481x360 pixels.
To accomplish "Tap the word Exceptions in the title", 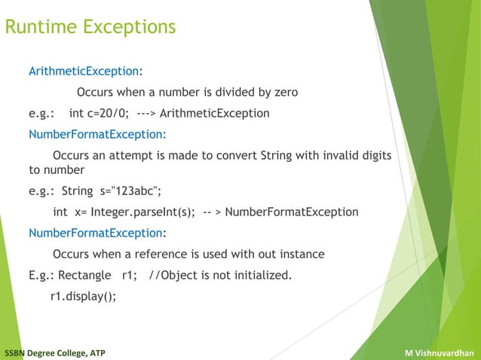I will pyautogui.click(x=126, y=28).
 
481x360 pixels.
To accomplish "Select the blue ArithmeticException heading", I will pyautogui.click(x=84, y=72).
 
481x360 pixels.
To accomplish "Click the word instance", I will pyautogui.click(x=299, y=254).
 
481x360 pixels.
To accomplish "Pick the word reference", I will pyautogui.click(x=167, y=254).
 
